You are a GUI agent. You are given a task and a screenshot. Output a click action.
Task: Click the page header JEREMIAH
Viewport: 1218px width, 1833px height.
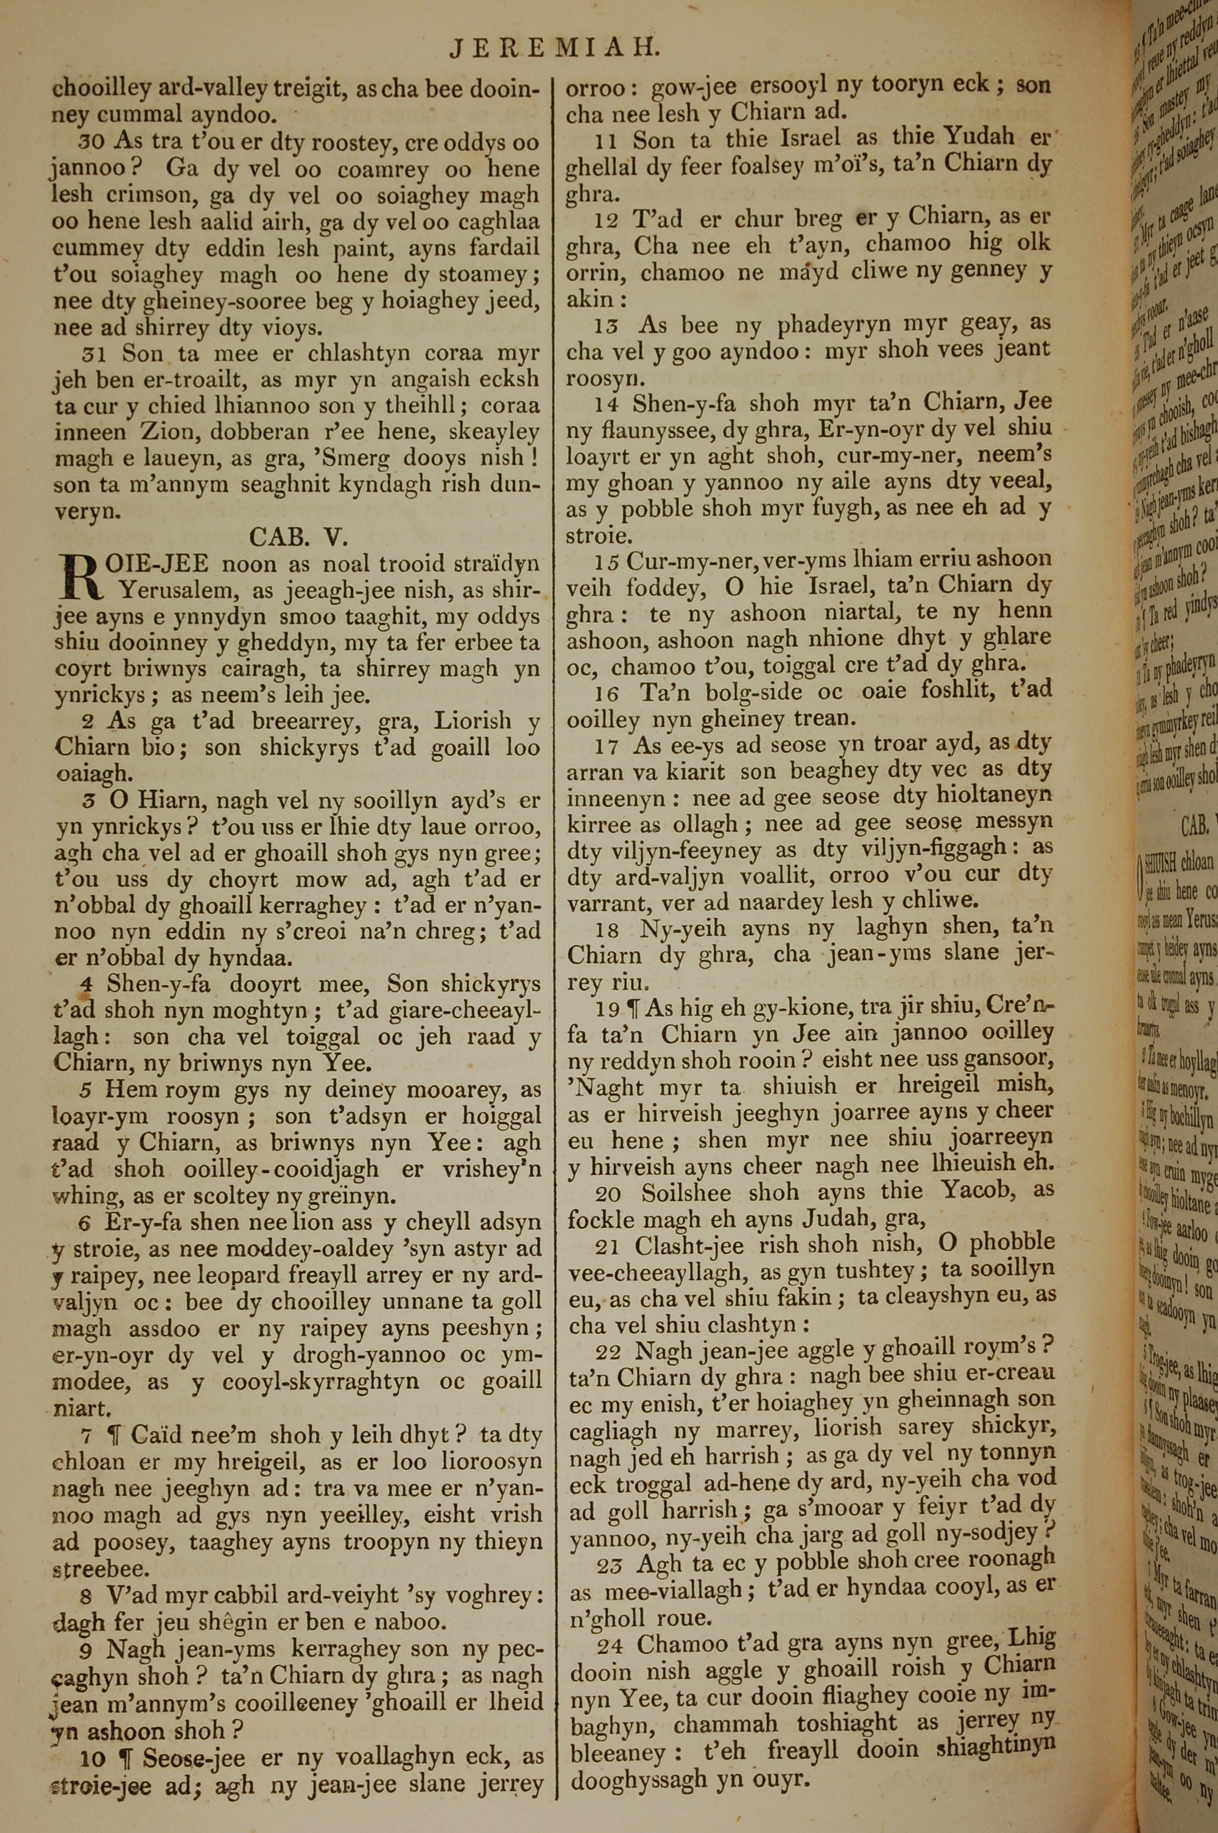(555, 51)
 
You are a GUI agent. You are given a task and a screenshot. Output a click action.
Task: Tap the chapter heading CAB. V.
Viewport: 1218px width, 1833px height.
(298, 537)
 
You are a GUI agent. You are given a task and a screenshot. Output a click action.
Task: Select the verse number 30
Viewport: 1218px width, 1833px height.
(91, 141)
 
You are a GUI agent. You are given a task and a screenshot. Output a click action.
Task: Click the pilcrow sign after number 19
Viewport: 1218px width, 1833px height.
(632, 1008)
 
